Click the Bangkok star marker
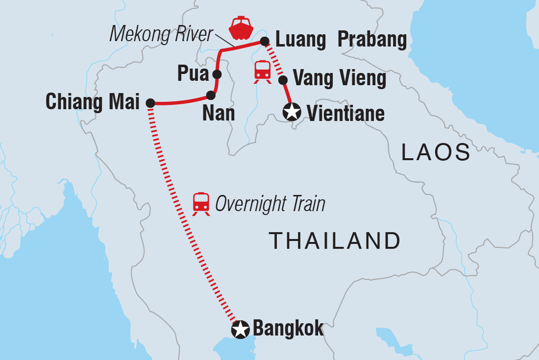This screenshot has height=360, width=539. tap(240, 330)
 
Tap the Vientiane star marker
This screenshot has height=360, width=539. tap(292, 113)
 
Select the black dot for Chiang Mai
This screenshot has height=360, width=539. tap(150, 103)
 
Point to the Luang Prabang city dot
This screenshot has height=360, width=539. tap(265, 41)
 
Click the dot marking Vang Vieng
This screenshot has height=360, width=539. tap(282, 79)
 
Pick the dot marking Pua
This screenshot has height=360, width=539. tap(217, 74)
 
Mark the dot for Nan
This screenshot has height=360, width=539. tap(211, 95)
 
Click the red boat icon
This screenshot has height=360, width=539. tap(241, 28)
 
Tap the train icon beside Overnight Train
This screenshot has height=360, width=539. tap(201, 204)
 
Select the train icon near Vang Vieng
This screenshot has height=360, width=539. tap(263, 72)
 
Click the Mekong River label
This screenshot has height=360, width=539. tap(161, 34)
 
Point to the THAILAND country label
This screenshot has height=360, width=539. tap(335, 241)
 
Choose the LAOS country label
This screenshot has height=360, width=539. tap(436, 153)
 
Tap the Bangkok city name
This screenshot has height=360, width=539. tap(288, 329)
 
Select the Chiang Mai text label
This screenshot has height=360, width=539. tap(92, 102)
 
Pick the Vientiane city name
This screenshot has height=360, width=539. tap(345, 114)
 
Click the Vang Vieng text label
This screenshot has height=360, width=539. tap(339, 78)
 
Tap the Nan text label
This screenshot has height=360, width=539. tap(218, 114)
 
